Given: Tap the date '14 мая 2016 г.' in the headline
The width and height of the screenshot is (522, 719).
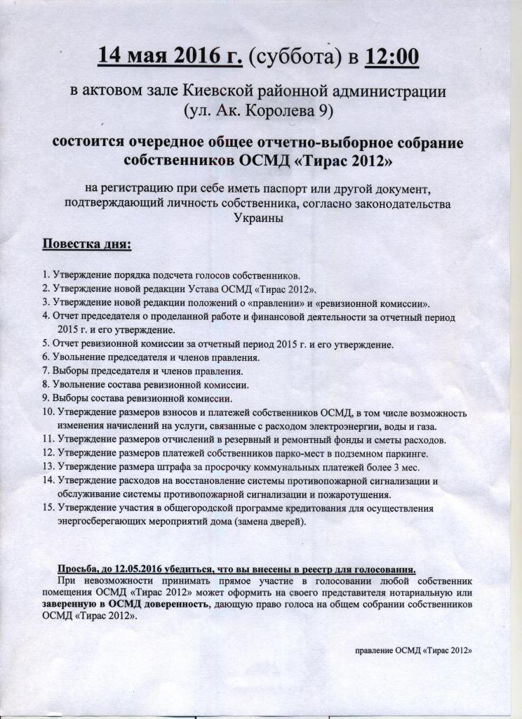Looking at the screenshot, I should (x=170, y=56).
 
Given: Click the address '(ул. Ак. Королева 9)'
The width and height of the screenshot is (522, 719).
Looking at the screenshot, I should (x=260, y=110).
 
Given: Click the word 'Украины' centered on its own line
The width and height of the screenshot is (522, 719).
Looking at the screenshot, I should (x=259, y=218).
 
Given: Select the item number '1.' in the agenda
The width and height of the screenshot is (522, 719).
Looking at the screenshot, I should (x=46, y=276).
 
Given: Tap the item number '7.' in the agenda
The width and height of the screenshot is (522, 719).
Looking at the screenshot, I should (x=46, y=371).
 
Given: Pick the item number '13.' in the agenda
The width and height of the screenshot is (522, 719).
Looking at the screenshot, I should (x=48, y=467).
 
